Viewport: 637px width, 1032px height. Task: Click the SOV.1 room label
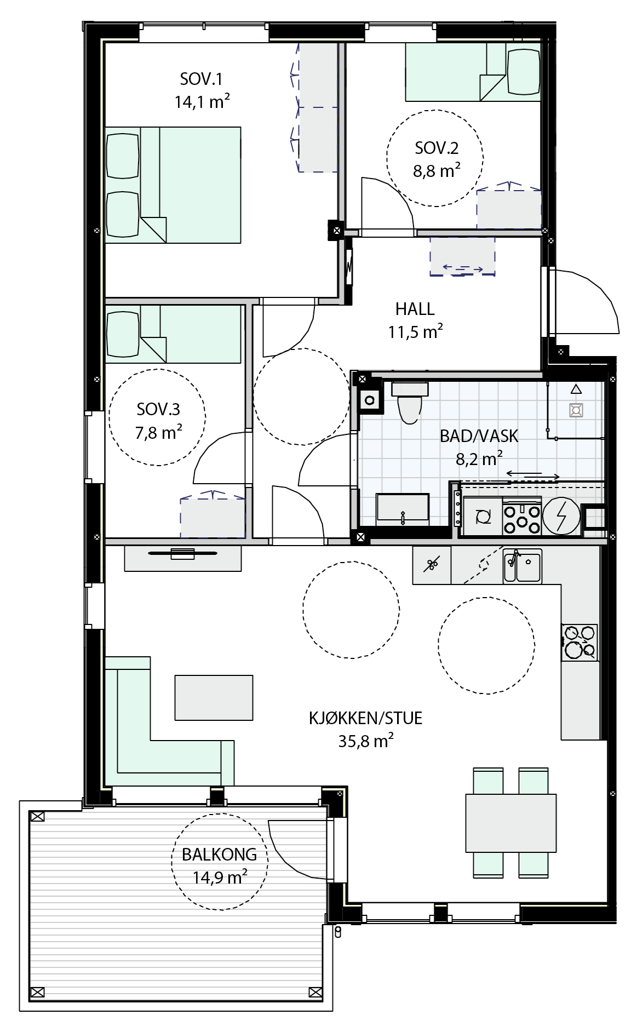coord(201,79)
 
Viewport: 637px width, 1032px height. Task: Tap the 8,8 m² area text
coord(437,170)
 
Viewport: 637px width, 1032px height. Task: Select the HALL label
coord(415,309)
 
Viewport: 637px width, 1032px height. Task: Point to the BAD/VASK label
coord(479,436)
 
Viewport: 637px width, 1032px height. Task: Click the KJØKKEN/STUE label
coord(365,718)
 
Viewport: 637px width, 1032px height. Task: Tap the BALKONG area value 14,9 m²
coord(220,878)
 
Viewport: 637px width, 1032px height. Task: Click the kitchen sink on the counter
coord(523,565)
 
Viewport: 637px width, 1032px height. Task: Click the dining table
coord(510,823)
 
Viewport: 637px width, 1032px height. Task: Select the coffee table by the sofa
coord(214,697)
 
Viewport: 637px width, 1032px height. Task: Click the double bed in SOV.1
coord(173,185)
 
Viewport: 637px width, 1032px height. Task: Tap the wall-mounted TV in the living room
coord(182,553)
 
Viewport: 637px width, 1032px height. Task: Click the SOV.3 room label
coord(158,409)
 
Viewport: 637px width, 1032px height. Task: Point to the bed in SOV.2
coord(473,72)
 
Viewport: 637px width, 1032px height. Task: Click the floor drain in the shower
coord(576,409)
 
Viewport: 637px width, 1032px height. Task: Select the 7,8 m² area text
coord(159,433)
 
